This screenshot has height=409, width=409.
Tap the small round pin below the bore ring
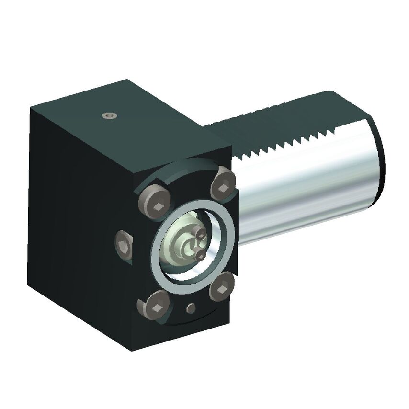point(192,307)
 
